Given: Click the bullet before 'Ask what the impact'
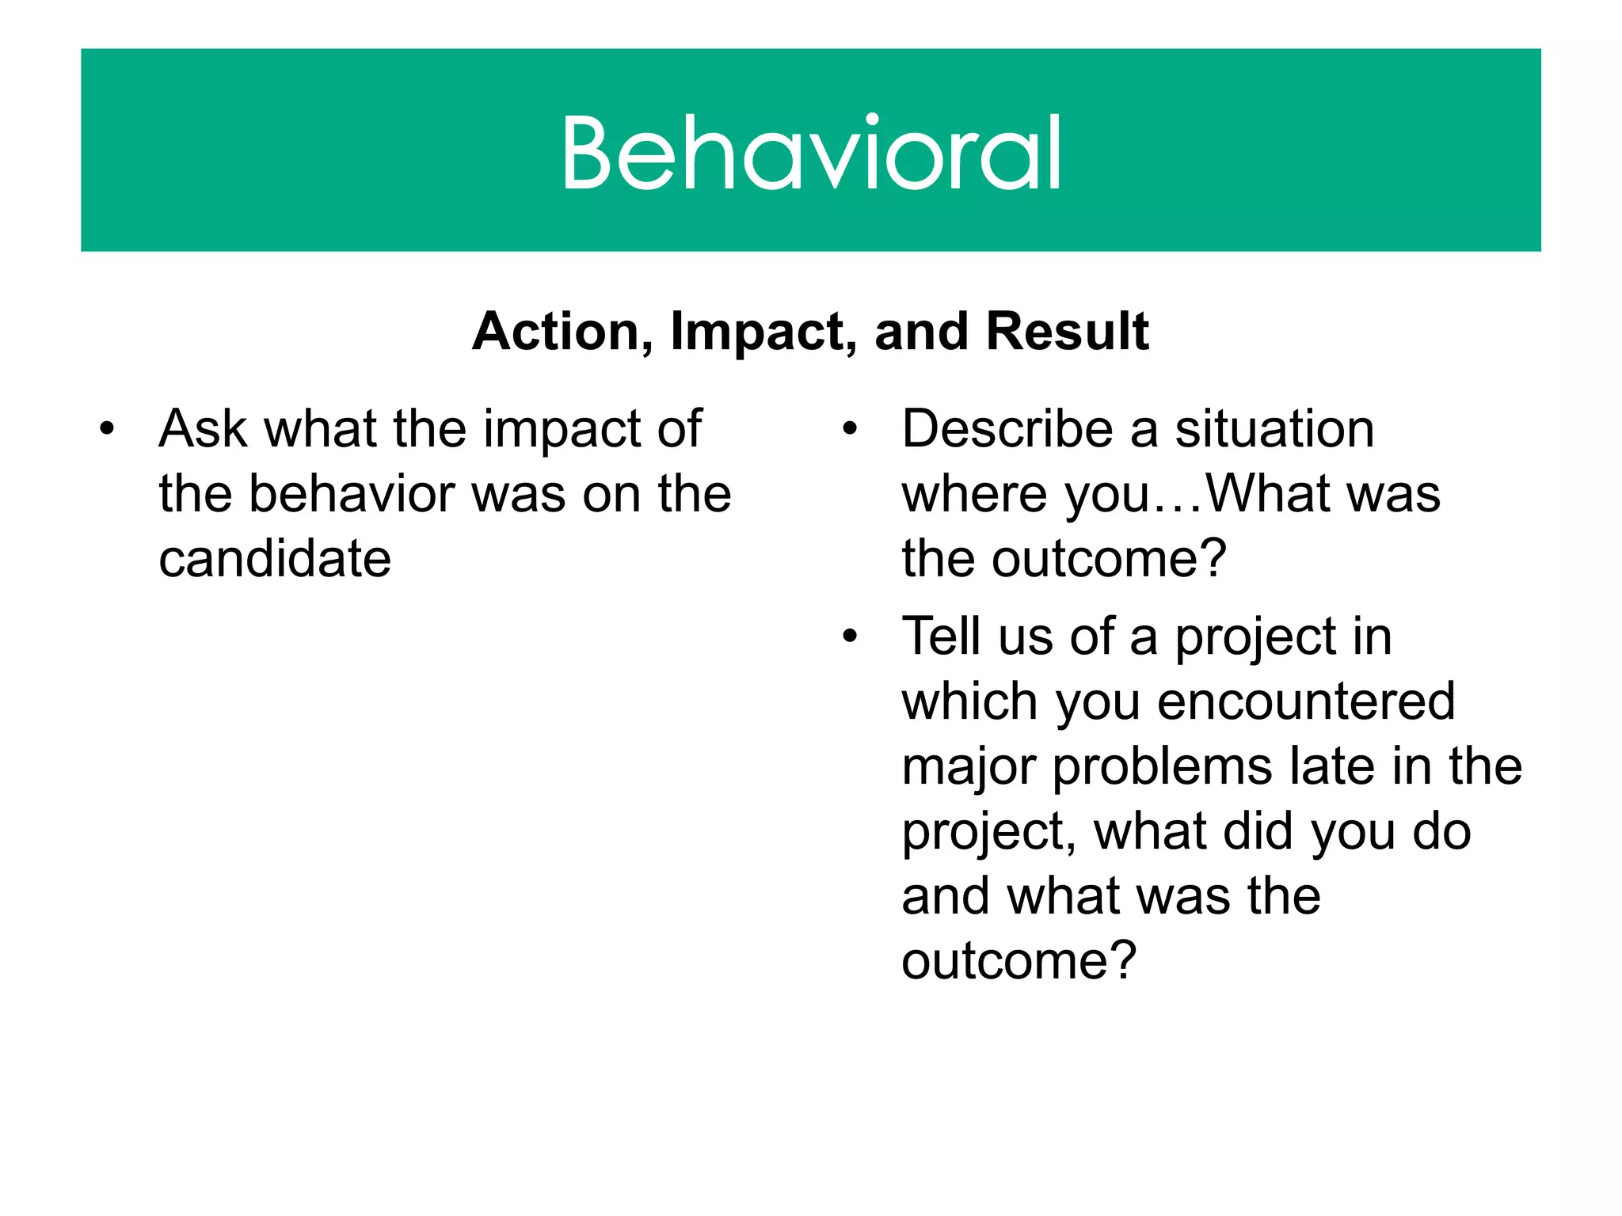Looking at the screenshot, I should [107, 430].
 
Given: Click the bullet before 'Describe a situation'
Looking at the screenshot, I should [850, 430].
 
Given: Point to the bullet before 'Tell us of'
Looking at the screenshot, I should [850, 637].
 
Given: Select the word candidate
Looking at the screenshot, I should [275, 559].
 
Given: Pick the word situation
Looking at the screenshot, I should [1274, 429].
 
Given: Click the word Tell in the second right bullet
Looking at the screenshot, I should [942, 636].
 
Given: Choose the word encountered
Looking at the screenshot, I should [1306, 702].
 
